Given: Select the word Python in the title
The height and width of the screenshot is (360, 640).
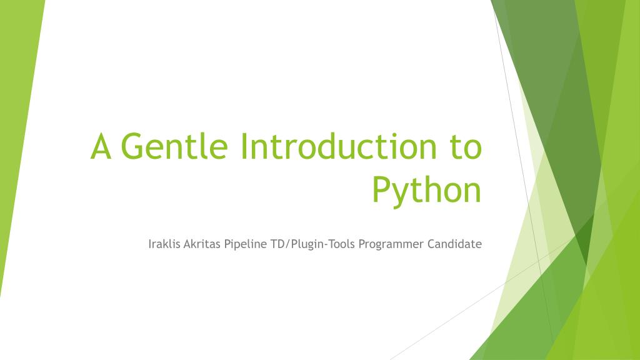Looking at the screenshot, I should [427, 189].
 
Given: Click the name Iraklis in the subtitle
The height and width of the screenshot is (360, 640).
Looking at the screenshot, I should [164, 244].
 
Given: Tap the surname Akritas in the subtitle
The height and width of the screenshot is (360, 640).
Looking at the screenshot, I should [202, 244].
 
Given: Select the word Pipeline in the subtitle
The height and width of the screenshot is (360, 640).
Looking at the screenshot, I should [246, 244].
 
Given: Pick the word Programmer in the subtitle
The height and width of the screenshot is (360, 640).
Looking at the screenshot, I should [391, 244].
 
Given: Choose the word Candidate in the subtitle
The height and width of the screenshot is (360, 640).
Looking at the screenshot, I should [455, 244].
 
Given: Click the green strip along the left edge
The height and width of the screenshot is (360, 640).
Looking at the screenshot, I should [16, 156].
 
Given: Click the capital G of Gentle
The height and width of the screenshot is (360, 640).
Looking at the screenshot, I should [134, 147].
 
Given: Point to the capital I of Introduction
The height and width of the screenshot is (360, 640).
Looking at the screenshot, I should [244, 147].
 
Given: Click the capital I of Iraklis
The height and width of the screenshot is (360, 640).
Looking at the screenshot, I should [150, 244].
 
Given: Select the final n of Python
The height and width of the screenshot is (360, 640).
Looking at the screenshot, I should [471, 191].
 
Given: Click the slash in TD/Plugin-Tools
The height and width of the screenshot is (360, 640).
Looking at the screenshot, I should [286, 244].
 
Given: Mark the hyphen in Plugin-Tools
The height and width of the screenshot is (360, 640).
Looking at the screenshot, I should [326, 244].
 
